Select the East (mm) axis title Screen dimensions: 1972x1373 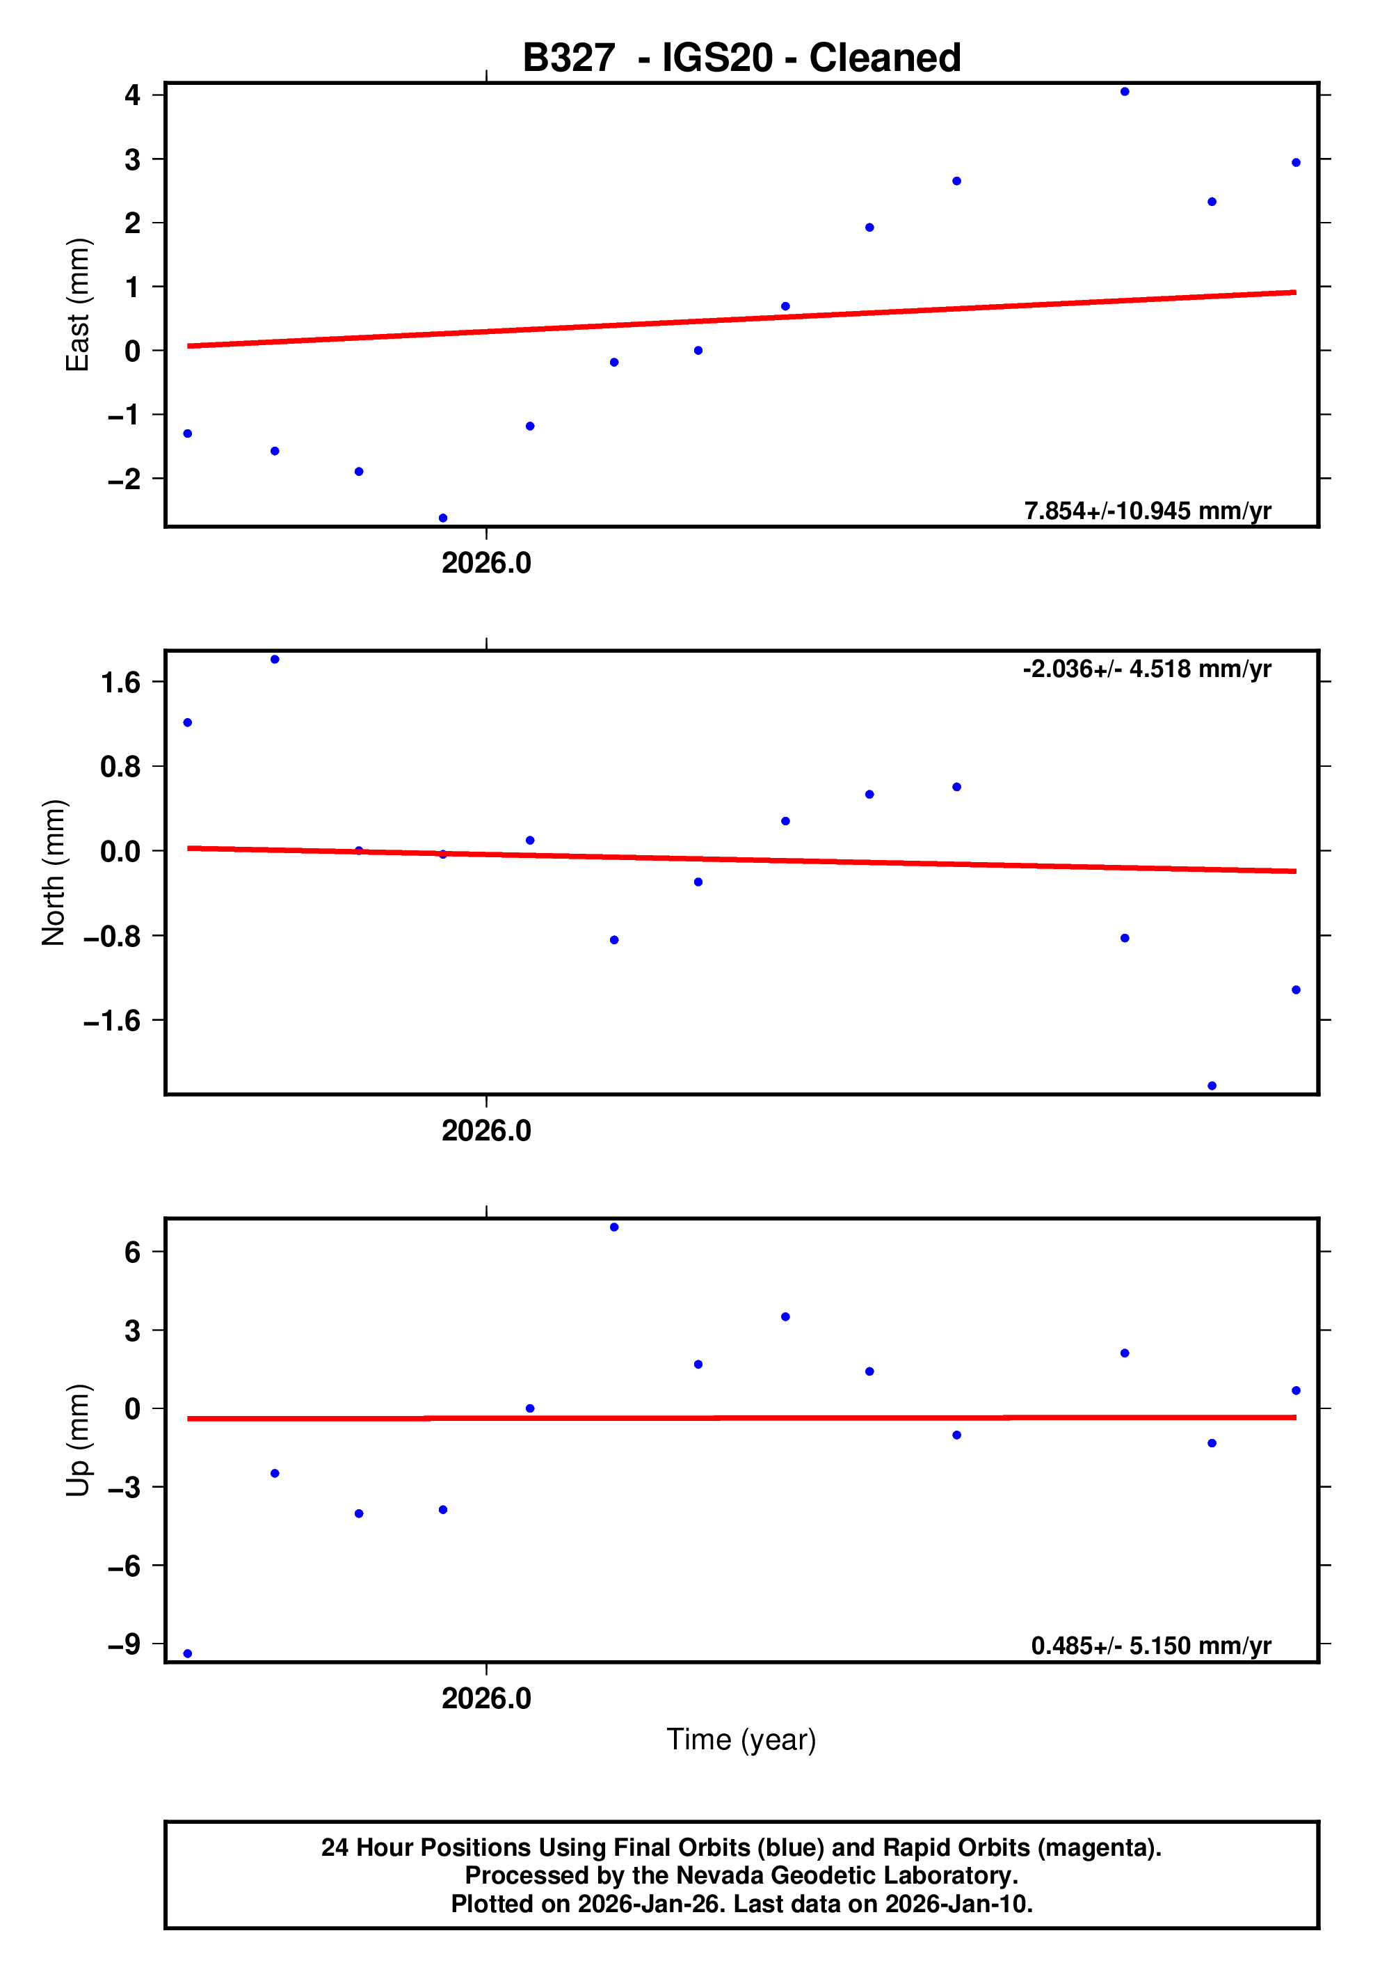(x=77, y=305)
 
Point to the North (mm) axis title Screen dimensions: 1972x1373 (x=54, y=873)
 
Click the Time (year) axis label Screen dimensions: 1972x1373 (x=741, y=1739)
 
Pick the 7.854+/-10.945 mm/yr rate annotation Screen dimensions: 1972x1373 (x=1147, y=511)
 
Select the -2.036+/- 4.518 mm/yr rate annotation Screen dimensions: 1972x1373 (x=1146, y=669)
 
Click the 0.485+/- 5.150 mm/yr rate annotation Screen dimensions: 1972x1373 (x=1150, y=1646)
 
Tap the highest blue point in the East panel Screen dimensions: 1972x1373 (x=1125, y=92)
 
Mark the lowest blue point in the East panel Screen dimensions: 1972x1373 (x=443, y=518)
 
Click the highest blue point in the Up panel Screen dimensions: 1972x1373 (x=614, y=1227)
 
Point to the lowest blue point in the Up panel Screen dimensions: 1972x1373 (x=188, y=1653)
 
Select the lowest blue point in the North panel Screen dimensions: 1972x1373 (x=1212, y=1086)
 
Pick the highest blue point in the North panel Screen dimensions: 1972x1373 (x=275, y=660)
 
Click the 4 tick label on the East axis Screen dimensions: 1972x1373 (x=132, y=95)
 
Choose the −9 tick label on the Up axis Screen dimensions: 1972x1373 (x=124, y=1645)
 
